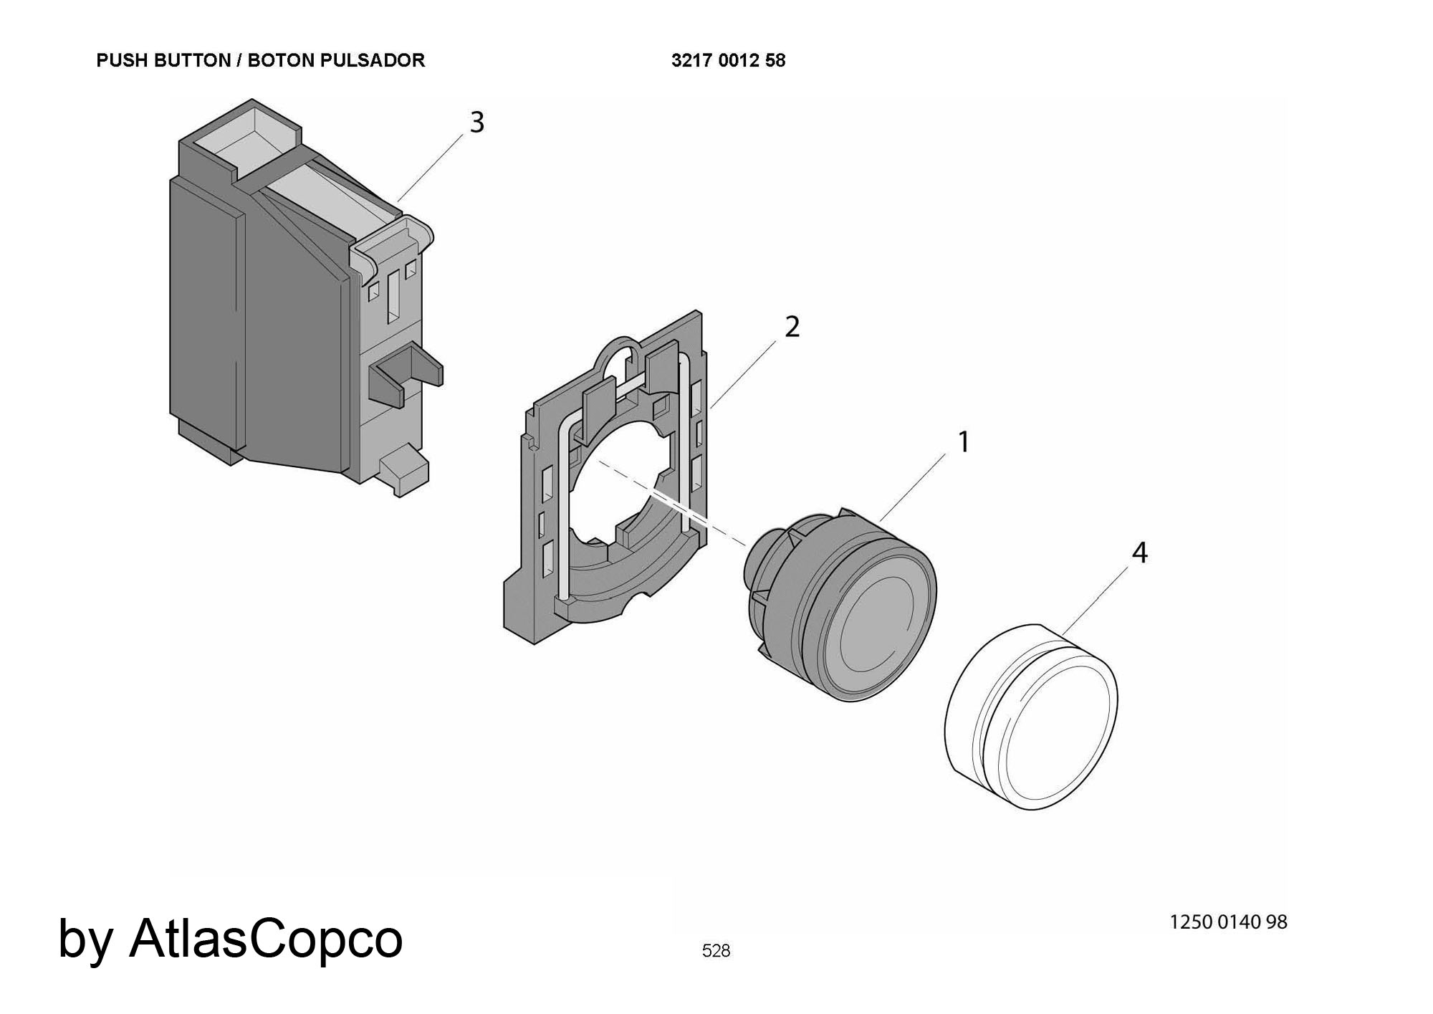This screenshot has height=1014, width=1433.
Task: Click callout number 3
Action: click(x=476, y=123)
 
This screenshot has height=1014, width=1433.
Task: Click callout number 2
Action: click(x=791, y=327)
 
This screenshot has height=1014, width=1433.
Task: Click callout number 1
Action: click(x=964, y=442)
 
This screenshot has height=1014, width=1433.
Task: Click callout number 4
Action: click(x=1139, y=553)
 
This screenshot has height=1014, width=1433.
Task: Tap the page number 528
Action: click(x=716, y=951)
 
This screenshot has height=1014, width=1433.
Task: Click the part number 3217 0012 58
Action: click(x=728, y=61)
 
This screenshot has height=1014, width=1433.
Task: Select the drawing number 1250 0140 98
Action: click(x=1228, y=922)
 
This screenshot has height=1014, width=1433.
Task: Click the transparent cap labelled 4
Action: click(x=1032, y=717)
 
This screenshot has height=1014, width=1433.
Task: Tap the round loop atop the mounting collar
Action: click(x=622, y=353)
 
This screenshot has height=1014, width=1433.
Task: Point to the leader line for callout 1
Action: click(x=917, y=483)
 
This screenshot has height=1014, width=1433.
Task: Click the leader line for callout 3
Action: click(x=433, y=162)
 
